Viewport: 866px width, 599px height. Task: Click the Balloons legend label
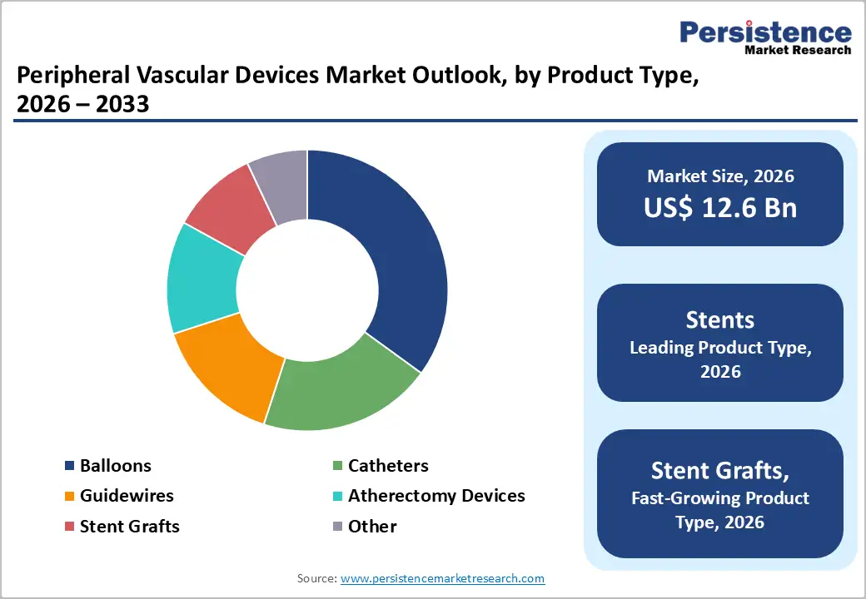(x=116, y=466)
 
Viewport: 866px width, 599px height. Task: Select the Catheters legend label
(x=388, y=466)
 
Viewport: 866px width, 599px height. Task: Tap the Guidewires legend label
(x=127, y=496)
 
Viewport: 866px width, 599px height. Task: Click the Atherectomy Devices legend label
(x=436, y=496)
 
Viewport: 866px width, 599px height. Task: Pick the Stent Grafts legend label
(x=130, y=526)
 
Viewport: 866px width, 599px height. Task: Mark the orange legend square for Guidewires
(x=70, y=497)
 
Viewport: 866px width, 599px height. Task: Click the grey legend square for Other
(x=337, y=527)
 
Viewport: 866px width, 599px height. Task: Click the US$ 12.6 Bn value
(x=720, y=208)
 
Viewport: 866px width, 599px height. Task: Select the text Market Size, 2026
(x=720, y=176)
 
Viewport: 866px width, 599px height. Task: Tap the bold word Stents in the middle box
(x=720, y=320)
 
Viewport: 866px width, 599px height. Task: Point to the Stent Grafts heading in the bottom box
(x=720, y=471)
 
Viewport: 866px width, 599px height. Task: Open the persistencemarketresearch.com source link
(x=442, y=578)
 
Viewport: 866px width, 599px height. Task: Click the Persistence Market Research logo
(x=765, y=37)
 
